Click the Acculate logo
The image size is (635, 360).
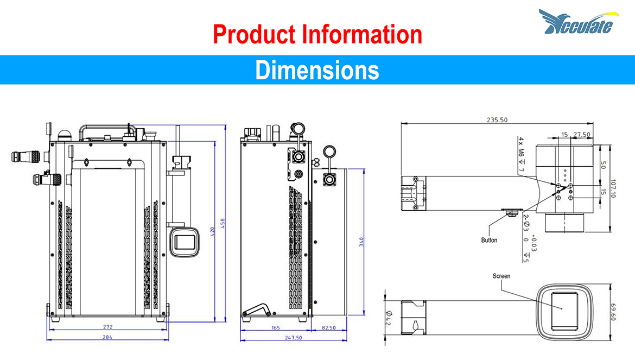(579, 22)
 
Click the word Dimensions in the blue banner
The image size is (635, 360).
(317, 70)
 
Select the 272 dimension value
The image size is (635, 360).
(107, 327)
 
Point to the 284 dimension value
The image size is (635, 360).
(107, 337)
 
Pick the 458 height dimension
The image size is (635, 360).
(223, 224)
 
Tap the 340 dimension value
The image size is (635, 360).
(361, 242)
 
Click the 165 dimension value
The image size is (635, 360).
(275, 328)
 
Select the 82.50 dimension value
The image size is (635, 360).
(328, 328)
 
